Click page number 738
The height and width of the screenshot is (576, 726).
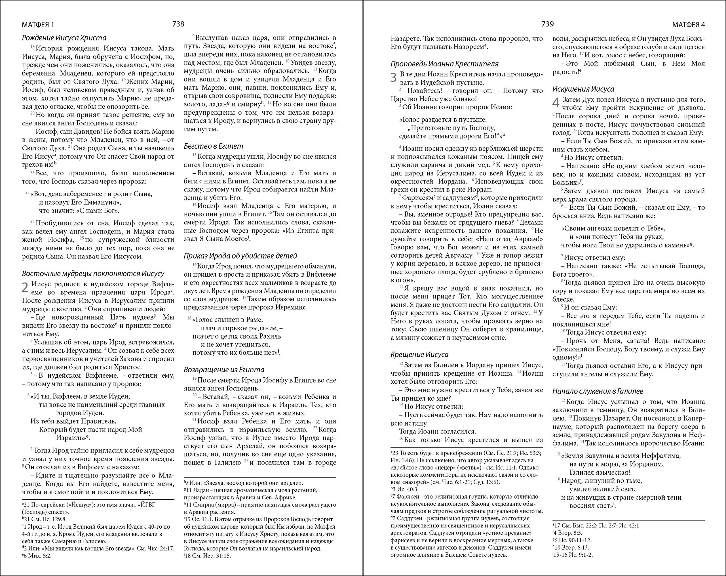point(178,24)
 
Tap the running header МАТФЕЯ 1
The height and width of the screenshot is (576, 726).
point(38,25)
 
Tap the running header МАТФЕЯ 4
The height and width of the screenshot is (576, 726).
point(688,25)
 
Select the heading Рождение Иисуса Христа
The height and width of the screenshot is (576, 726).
point(64,38)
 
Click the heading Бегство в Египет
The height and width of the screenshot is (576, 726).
point(213,146)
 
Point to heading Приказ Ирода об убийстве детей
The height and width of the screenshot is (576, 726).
point(240,256)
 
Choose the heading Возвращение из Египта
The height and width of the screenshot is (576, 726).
point(224,369)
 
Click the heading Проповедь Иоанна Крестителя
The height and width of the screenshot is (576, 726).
point(444,64)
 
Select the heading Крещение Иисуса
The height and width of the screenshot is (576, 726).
point(419,354)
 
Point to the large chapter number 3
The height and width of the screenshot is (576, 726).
point(394,77)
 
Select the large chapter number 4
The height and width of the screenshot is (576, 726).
point(556,103)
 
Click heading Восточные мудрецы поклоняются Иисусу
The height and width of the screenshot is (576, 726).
point(93,274)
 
